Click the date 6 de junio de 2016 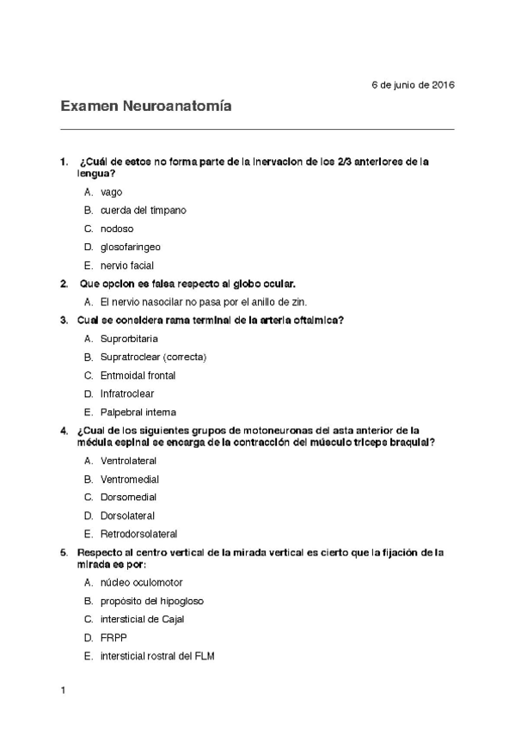(x=413, y=84)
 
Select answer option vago (x=111, y=192)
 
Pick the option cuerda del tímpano (x=143, y=210)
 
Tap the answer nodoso (x=117, y=228)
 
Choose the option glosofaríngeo (x=130, y=247)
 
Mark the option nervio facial (x=126, y=265)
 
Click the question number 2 (x=64, y=283)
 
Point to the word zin (x=299, y=302)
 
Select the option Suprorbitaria (x=129, y=339)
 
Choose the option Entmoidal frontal (x=138, y=375)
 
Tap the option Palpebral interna (x=138, y=412)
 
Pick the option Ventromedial (x=129, y=479)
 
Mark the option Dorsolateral (x=127, y=516)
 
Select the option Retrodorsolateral (x=138, y=534)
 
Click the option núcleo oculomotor (x=141, y=582)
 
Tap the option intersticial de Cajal (x=142, y=619)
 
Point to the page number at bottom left (x=63, y=690)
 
